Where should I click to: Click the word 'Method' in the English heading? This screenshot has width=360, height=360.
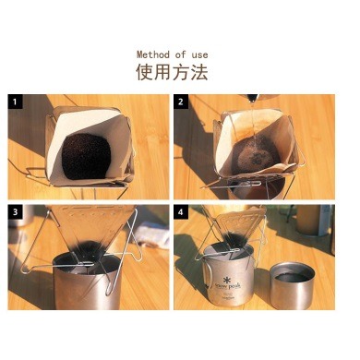(x=152, y=54)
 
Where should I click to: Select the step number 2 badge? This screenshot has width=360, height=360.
(x=182, y=101)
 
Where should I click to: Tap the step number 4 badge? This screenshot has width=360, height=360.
(x=182, y=212)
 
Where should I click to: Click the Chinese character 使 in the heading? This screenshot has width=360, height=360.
(x=144, y=72)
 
